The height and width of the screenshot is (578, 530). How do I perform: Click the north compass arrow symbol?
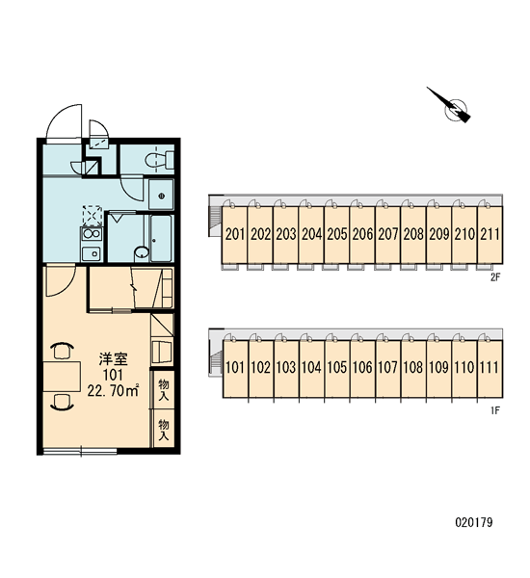click(x=452, y=107)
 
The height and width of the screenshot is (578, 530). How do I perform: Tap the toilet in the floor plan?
click(x=160, y=160)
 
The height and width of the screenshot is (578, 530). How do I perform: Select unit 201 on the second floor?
click(x=234, y=235)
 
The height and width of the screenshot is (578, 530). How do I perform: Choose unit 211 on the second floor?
click(x=490, y=235)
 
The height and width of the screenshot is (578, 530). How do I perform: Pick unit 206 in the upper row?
click(x=362, y=235)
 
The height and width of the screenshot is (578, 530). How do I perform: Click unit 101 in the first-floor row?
click(x=235, y=368)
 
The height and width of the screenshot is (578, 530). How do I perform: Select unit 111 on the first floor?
click(x=490, y=368)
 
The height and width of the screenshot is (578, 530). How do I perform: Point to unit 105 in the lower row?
click(x=337, y=368)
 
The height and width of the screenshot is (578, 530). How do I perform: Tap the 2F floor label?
click(x=495, y=277)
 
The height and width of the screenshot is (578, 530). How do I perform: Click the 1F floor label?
click(x=495, y=410)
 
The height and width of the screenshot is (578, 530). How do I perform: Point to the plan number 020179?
click(x=474, y=522)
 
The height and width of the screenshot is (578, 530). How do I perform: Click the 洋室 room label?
click(x=113, y=358)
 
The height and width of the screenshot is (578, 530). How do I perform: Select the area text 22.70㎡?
click(x=113, y=391)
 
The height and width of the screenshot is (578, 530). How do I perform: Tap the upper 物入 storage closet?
click(x=164, y=388)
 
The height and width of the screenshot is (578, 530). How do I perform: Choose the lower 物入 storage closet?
click(x=164, y=428)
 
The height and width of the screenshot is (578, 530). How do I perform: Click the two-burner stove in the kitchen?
click(x=92, y=233)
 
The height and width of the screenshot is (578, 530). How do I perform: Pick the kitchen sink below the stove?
click(x=92, y=253)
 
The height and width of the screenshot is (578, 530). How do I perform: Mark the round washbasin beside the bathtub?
click(x=142, y=252)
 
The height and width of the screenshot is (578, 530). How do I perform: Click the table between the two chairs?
click(x=62, y=377)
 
